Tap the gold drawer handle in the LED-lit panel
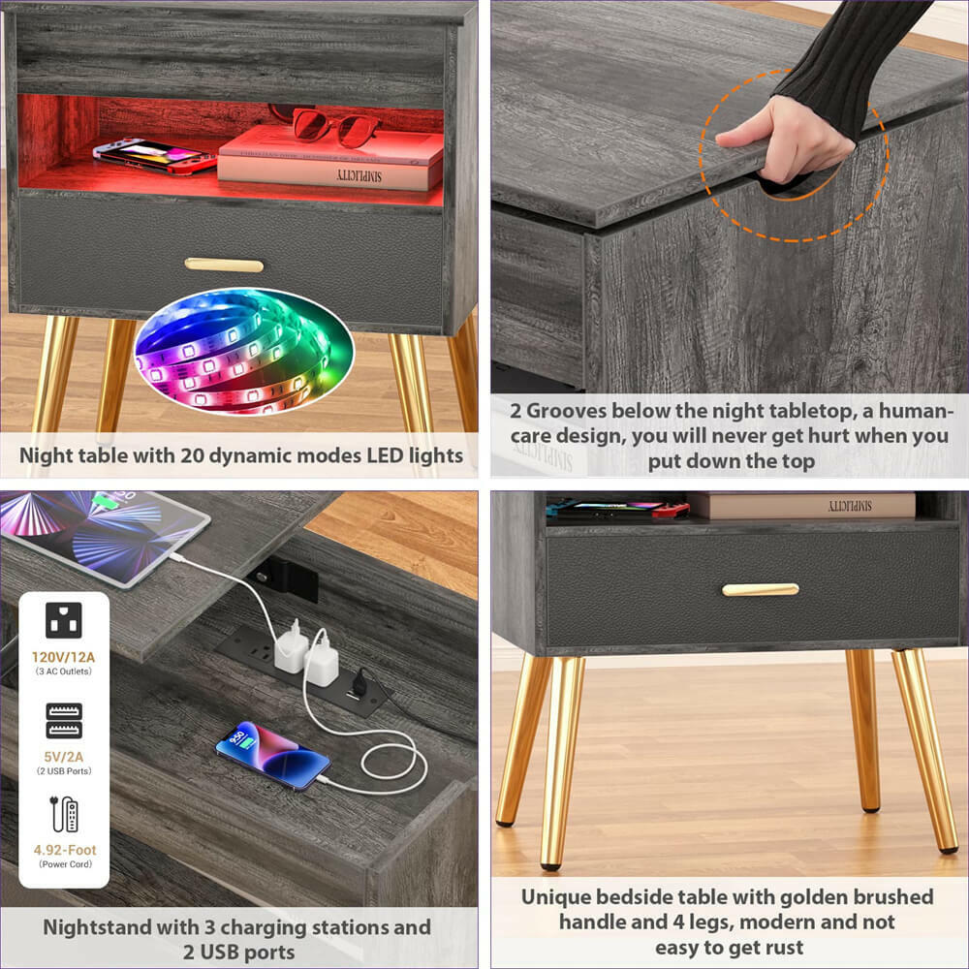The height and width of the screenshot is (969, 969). (224, 265)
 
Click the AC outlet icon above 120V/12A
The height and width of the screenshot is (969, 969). (63, 620)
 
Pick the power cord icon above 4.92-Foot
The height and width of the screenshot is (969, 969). (63, 814)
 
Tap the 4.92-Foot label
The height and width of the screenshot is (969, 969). (64, 850)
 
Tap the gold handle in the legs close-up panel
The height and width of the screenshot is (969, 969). (761, 589)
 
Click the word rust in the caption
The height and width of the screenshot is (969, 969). (781, 947)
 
